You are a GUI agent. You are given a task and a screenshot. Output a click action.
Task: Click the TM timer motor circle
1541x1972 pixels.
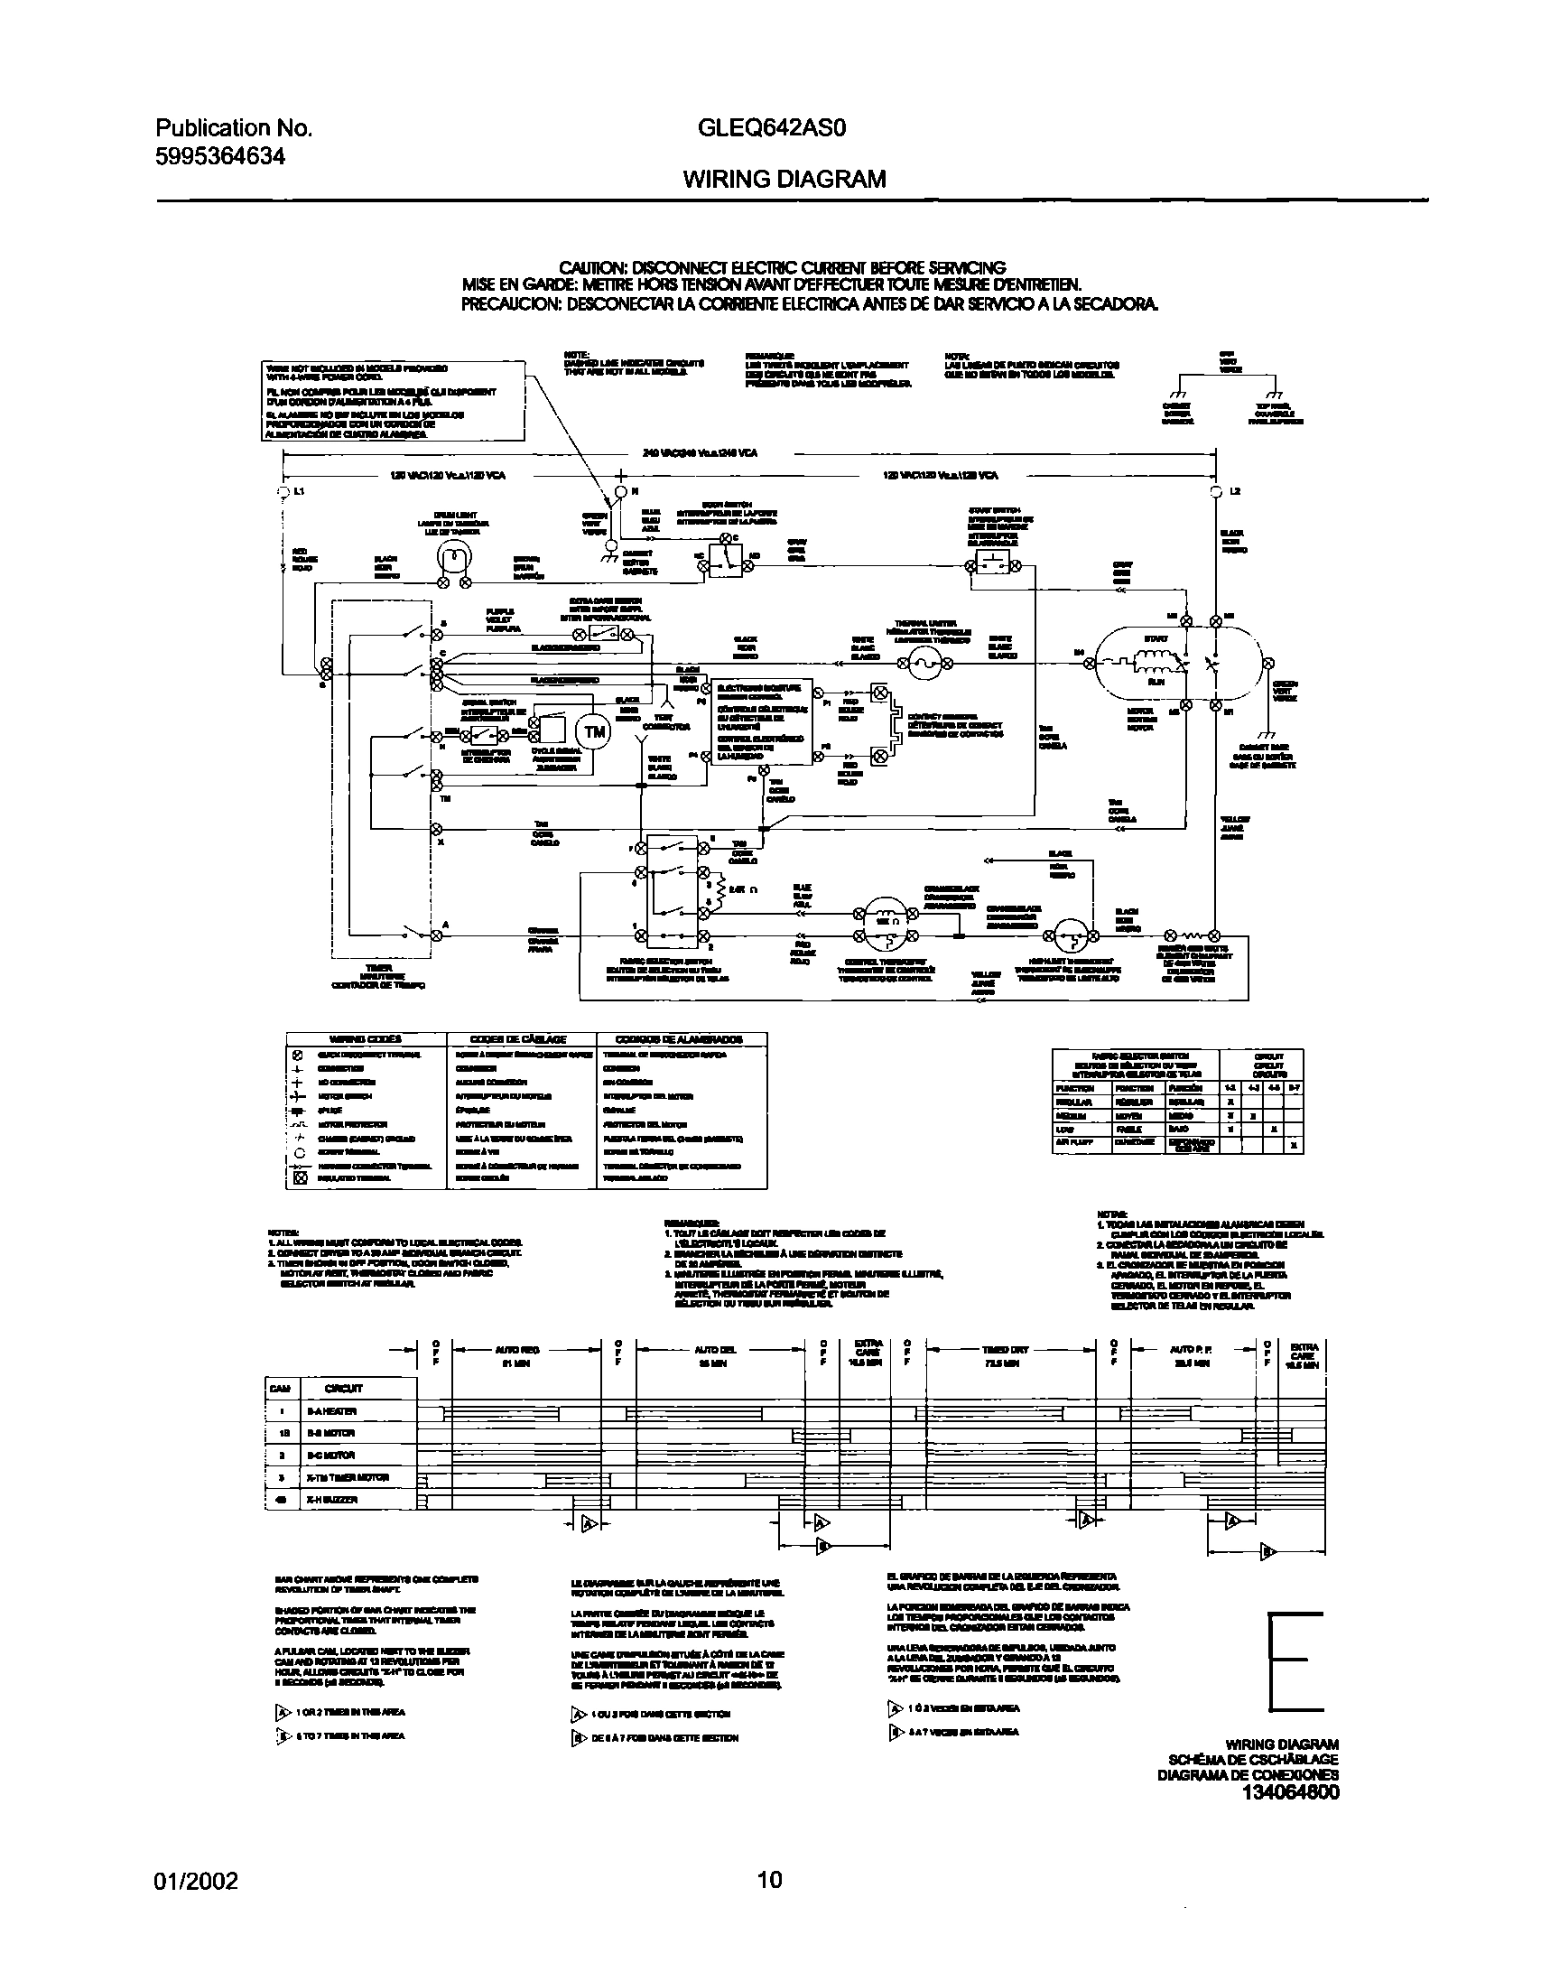595,732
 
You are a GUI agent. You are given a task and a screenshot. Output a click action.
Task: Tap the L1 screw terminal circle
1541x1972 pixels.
283,492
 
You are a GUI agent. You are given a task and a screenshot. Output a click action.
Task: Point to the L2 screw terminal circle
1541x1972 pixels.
1216,492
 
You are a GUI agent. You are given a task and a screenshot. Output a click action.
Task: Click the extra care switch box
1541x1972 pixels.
603,634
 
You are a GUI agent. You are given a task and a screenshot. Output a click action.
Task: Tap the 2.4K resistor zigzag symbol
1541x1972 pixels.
719,889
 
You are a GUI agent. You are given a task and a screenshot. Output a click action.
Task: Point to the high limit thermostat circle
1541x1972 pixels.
1070,935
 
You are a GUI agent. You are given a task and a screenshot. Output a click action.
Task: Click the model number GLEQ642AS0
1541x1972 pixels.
772,129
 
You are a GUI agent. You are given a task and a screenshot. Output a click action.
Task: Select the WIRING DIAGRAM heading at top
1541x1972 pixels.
784,180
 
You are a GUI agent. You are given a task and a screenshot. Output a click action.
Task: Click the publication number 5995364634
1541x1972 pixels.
221,157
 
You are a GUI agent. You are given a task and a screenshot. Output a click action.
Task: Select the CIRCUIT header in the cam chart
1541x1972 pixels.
344,1389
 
